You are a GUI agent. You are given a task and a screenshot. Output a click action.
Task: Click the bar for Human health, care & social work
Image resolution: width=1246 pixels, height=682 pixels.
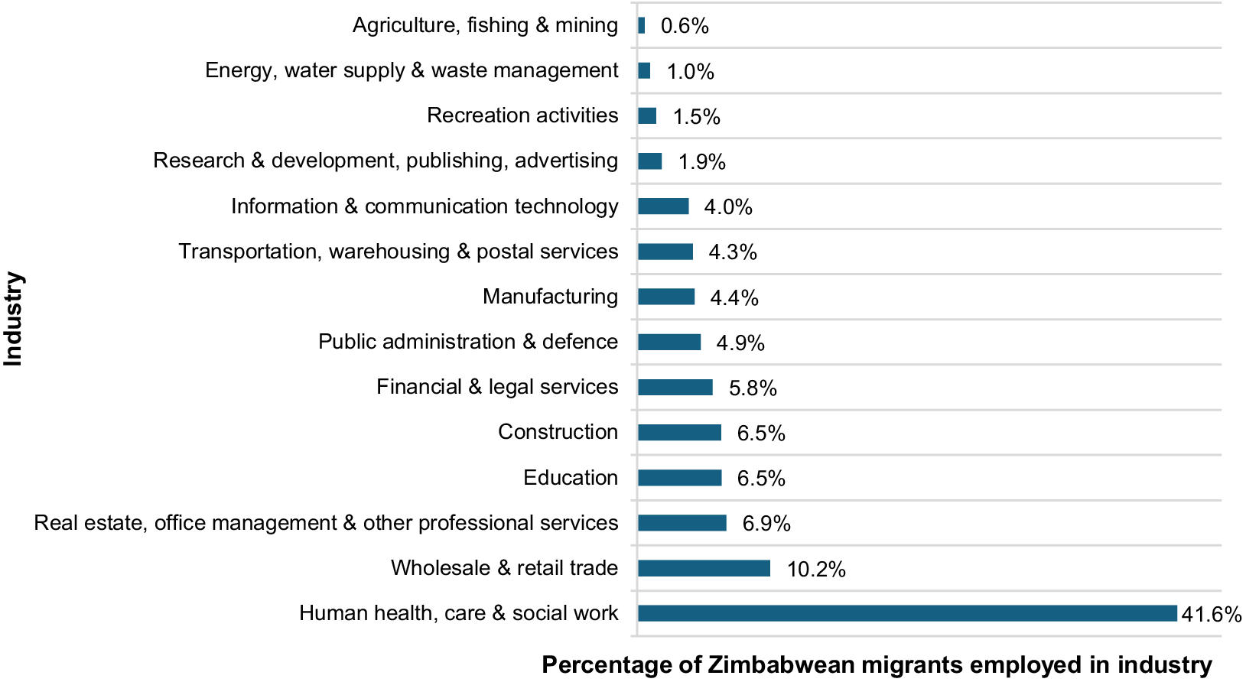pos(907,613)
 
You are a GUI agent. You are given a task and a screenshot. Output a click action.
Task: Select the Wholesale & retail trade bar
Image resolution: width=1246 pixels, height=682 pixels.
pos(704,568)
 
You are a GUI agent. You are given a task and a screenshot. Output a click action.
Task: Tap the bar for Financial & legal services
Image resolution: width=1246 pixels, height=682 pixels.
pos(675,387)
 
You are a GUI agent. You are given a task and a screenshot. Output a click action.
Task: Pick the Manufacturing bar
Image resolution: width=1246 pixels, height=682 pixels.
pos(666,296)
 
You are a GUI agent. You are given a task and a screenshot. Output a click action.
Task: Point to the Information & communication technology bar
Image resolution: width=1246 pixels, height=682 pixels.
pos(664,206)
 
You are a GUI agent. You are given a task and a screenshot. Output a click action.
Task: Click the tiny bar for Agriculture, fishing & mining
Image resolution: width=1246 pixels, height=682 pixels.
pos(641,25)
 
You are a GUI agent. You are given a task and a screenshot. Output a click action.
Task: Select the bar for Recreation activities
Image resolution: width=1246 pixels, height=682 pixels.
pos(647,115)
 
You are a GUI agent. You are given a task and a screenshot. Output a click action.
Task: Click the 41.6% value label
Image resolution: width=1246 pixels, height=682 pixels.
pos(1211,614)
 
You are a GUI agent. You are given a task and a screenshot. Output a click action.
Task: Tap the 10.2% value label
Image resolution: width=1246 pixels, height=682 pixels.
pos(816,569)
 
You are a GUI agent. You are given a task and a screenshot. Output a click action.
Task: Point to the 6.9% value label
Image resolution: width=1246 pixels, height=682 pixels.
pos(766,524)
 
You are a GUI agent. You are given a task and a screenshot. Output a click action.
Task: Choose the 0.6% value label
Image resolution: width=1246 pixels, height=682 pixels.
pos(685,26)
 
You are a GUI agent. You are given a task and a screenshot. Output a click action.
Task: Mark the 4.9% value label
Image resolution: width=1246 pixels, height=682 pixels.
pos(740,343)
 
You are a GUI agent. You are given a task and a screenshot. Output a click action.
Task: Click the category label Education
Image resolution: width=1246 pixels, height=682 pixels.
pos(571,477)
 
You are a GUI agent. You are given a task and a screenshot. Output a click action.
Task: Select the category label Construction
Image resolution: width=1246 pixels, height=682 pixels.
pos(558,431)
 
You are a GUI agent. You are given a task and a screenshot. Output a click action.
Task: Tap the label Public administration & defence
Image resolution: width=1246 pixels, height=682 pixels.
pos(468,341)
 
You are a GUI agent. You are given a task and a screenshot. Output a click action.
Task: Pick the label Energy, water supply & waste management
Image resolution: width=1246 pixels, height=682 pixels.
pos(412,70)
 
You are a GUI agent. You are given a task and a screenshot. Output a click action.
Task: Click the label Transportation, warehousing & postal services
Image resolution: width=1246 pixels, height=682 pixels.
pos(399,252)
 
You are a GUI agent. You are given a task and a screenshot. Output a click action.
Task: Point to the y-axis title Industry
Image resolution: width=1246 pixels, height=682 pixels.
pos(13,319)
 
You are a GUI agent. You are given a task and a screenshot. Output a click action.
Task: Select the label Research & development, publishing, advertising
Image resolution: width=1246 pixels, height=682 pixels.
pos(386,161)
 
